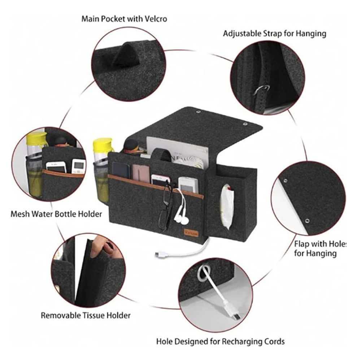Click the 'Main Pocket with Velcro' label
[124, 19]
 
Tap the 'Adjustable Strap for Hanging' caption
[274, 34]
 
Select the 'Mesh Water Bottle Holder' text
[56, 214]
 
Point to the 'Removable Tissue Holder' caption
[85, 315]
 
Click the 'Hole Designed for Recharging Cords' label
[221, 341]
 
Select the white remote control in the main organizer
[187, 184]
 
